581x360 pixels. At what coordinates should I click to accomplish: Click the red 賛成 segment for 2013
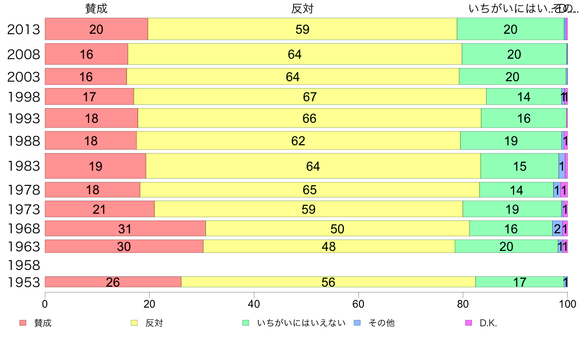(x=96, y=29)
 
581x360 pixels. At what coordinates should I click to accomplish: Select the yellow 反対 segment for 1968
(x=337, y=228)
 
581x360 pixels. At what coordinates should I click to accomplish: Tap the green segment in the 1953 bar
(x=519, y=282)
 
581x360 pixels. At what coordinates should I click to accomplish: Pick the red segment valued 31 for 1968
(x=125, y=228)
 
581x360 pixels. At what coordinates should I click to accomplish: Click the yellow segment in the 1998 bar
(x=310, y=96)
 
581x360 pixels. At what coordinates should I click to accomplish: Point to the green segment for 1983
(x=519, y=166)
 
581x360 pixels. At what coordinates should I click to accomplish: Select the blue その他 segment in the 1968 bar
(x=557, y=228)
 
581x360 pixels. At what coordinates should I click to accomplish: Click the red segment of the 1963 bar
(x=124, y=247)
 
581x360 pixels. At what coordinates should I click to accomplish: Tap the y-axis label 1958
(x=23, y=265)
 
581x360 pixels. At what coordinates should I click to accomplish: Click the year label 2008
(x=23, y=54)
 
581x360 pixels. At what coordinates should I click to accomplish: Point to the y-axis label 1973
(x=23, y=209)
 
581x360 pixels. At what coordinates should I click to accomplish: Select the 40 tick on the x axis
(x=254, y=303)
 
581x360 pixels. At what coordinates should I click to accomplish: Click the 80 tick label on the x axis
(x=463, y=303)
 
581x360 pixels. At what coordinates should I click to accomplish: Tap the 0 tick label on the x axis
(x=45, y=303)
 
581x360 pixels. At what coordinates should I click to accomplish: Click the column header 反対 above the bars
(x=302, y=8)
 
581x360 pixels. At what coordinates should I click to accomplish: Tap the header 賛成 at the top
(x=96, y=8)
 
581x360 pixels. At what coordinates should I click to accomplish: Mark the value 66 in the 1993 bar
(x=310, y=118)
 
